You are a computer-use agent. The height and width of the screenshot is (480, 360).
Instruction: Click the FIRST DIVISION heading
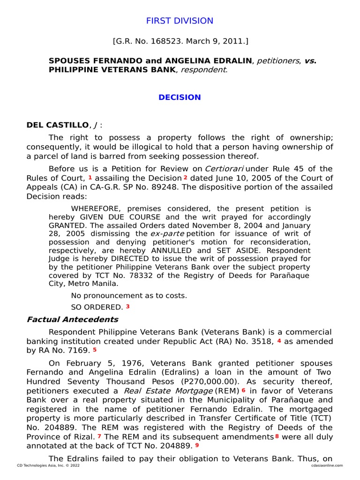(x=180, y=21)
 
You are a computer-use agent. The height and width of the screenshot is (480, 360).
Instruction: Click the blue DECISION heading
(x=180, y=97)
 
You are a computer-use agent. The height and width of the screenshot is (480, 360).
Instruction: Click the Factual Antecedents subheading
(x=72, y=320)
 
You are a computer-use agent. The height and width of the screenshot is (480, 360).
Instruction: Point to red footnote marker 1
(x=90, y=178)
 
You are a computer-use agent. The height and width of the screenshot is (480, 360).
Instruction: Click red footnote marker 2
(x=186, y=178)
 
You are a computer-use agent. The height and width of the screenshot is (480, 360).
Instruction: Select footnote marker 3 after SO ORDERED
(x=127, y=307)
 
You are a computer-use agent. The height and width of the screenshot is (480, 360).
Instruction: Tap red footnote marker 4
(x=279, y=341)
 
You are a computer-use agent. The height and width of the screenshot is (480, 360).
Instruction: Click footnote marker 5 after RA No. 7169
(x=94, y=350)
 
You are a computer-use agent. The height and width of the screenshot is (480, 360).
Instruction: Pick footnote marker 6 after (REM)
(x=244, y=390)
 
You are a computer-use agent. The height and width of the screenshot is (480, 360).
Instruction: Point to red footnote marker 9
(x=197, y=445)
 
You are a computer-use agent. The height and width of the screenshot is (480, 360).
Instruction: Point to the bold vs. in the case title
(x=310, y=61)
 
